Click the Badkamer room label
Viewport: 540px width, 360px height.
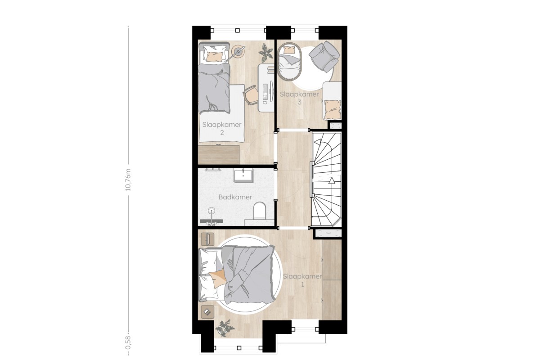coord(235,197)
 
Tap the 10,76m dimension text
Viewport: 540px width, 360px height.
coord(128,180)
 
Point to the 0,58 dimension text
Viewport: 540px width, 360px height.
coord(128,342)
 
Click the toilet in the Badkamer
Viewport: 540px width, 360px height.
coord(259,211)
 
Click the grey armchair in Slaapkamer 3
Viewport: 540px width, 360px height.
coord(324,56)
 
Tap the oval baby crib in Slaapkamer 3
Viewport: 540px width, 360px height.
coord(289,61)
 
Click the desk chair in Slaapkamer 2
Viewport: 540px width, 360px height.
coord(251,95)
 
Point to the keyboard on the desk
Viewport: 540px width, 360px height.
coord(265,92)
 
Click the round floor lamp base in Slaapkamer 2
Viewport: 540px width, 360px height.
coord(238,52)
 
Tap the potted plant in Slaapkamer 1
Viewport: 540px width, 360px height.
coord(225,328)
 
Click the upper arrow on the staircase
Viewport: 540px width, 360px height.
coord(318,142)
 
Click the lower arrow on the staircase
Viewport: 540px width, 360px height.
coord(332,180)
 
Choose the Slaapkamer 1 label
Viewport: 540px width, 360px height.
coord(302,280)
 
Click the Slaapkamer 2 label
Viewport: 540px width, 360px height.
coord(222,129)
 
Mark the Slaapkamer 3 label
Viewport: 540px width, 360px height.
coord(299,98)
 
